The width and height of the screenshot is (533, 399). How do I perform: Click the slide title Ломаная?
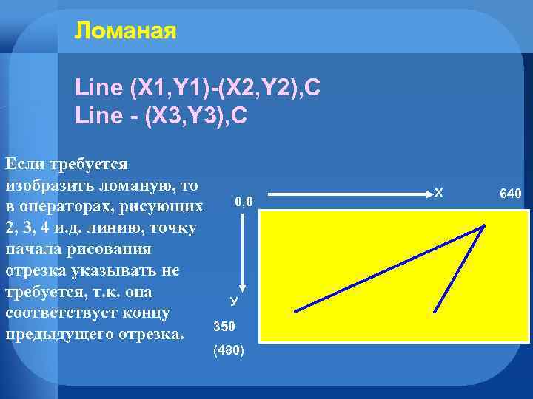click(125, 31)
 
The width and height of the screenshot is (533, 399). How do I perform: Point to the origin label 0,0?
click(244, 201)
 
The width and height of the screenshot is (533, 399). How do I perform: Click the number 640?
click(511, 194)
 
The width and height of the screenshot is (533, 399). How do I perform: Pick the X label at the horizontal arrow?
click(439, 193)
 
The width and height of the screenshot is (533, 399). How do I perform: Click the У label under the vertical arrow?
click(233, 301)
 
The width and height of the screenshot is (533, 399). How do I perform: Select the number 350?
click(224, 326)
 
